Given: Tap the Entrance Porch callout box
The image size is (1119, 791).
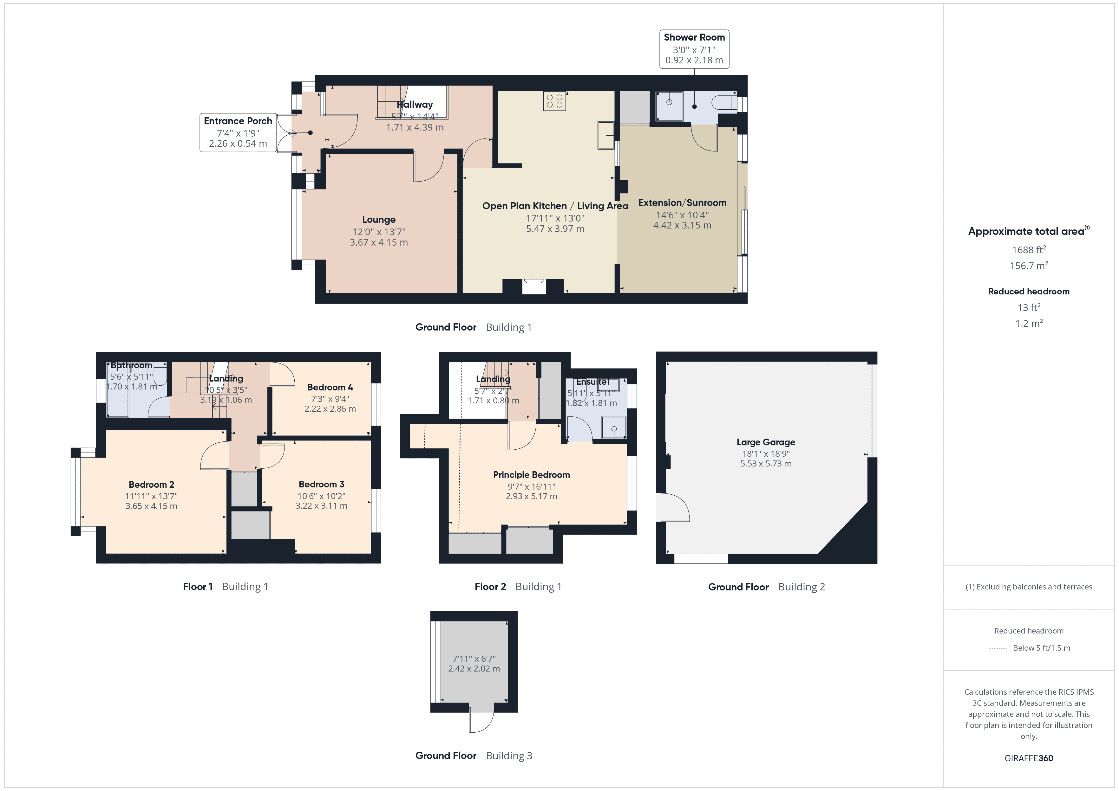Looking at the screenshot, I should pyautogui.click(x=238, y=132).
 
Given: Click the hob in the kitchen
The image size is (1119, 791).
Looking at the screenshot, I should pyautogui.click(x=554, y=101).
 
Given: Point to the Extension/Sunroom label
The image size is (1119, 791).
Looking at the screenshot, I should pyautogui.click(x=682, y=203).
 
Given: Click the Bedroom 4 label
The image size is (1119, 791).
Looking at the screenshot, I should pyautogui.click(x=330, y=387).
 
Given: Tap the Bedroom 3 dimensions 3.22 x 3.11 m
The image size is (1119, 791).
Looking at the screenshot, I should pyautogui.click(x=321, y=506).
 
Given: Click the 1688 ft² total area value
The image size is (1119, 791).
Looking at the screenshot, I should pyautogui.click(x=1028, y=249).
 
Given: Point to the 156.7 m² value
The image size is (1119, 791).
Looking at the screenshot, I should pyautogui.click(x=1028, y=266).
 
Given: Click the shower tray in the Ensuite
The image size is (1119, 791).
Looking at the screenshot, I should pyautogui.click(x=613, y=428).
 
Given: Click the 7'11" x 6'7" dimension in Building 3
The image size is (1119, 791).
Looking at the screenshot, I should pyautogui.click(x=474, y=659).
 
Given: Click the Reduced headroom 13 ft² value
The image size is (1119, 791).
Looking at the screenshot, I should pyautogui.click(x=1028, y=307).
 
